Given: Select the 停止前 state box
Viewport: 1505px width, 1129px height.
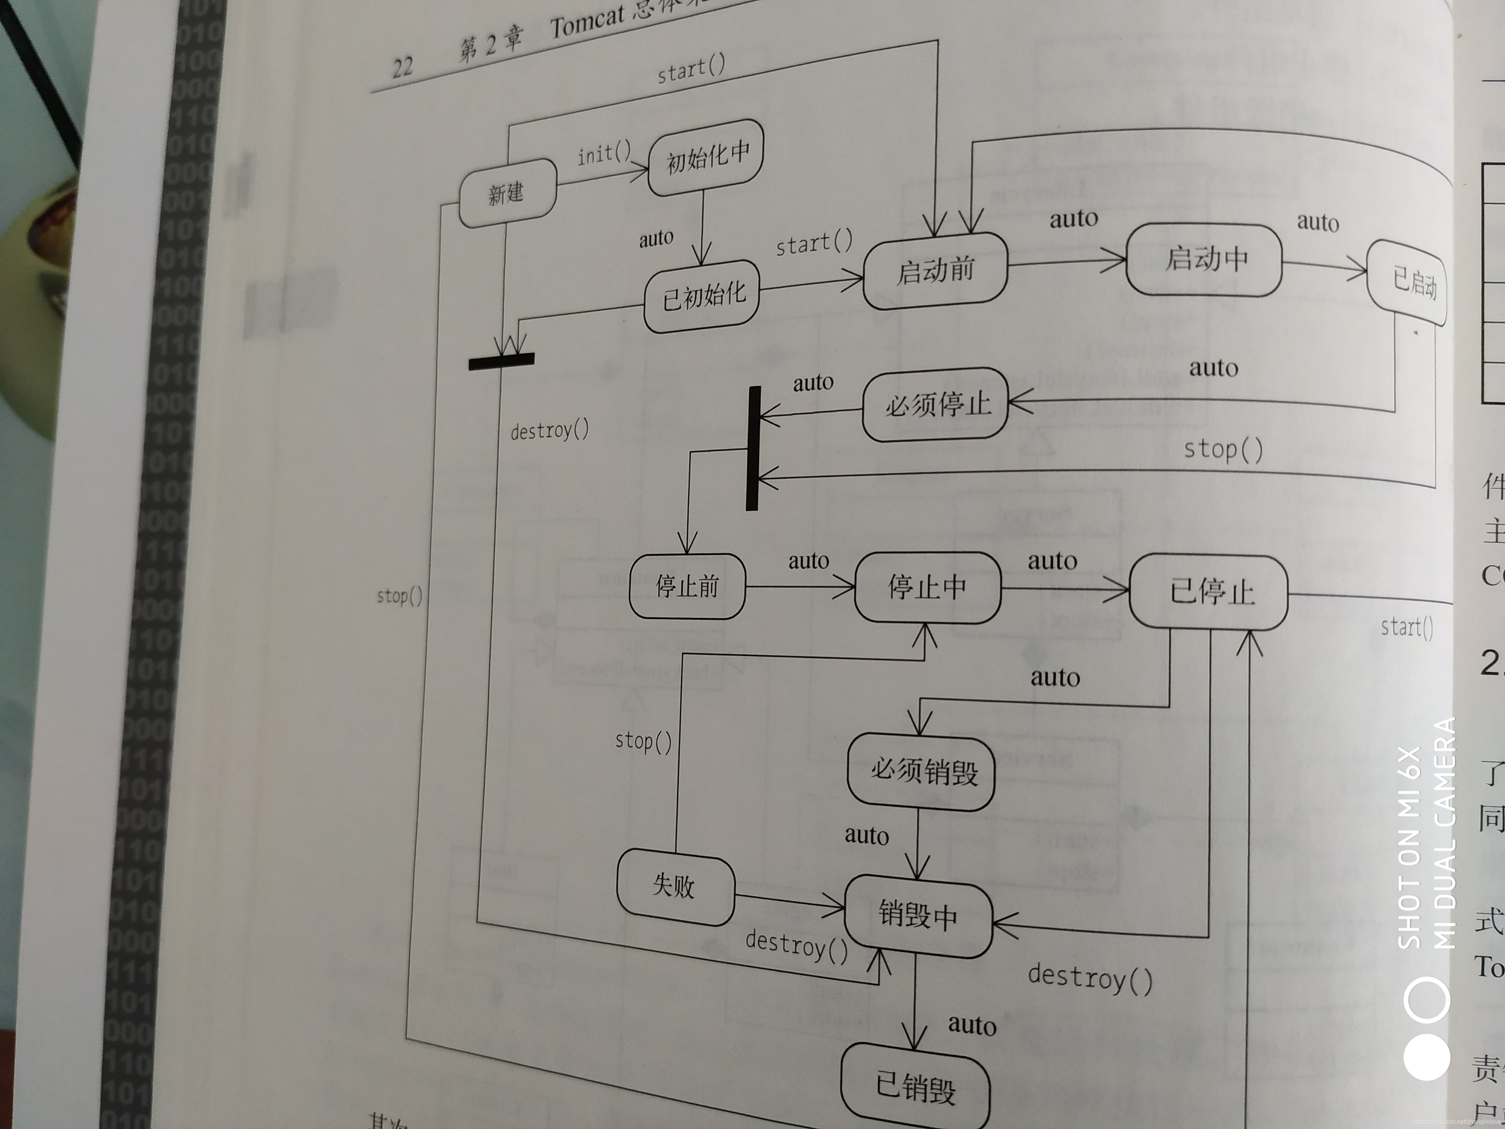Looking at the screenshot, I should point(687,586).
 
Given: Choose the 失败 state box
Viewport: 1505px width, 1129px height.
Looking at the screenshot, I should point(675,886).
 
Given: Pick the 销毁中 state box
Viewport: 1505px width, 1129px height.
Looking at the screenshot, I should point(918,914).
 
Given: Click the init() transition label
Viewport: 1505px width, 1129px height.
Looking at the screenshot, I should point(604,154).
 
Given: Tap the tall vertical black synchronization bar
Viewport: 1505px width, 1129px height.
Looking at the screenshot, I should point(752,448).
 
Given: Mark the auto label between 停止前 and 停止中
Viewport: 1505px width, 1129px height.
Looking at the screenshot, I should point(808,561).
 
